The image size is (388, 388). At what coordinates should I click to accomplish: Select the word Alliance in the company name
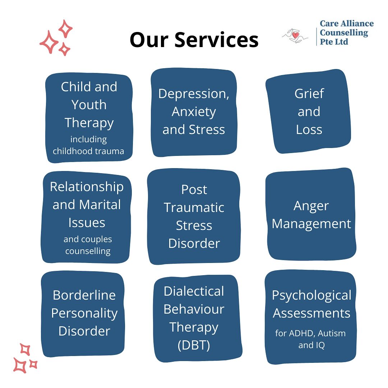(x=355, y=24)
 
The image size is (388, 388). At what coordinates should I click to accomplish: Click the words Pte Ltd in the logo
(x=334, y=42)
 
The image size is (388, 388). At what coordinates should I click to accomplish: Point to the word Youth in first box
(x=89, y=105)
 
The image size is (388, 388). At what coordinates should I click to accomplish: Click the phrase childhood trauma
(x=88, y=151)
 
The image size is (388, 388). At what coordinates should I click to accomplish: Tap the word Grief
(x=309, y=93)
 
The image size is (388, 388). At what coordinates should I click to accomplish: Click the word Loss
(x=309, y=129)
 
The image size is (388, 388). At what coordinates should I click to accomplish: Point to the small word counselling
(x=88, y=251)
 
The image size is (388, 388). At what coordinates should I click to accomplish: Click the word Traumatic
(x=194, y=207)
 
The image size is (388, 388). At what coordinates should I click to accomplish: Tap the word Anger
(x=311, y=205)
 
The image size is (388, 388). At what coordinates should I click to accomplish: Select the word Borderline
(x=84, y=295)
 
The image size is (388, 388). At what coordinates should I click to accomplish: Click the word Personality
(x=84, y=313)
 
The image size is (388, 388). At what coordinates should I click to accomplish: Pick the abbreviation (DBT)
(x=194, y=345)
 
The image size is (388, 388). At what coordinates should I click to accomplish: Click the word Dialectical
(x=194, y=291)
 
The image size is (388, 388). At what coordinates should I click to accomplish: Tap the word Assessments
(x=311, y=313)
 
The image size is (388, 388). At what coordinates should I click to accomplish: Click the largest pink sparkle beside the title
(x=49, y=42)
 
